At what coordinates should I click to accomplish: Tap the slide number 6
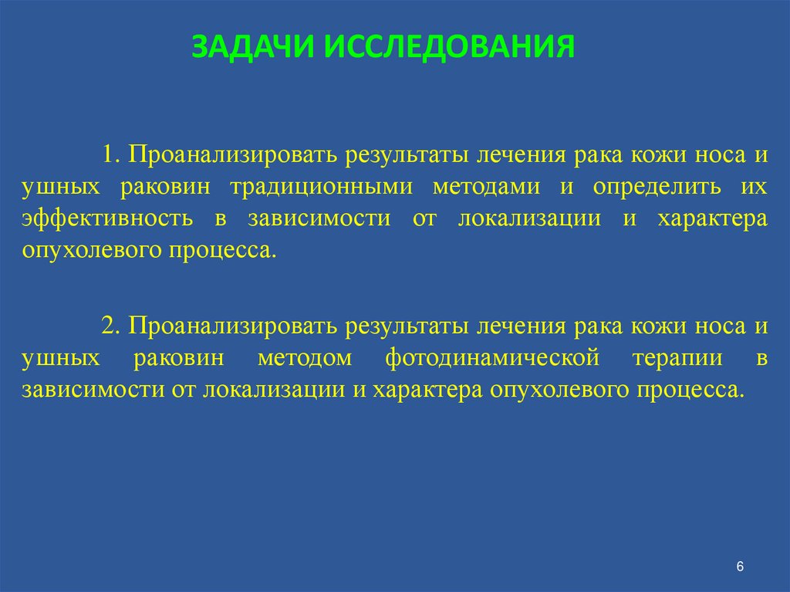pos(740,567)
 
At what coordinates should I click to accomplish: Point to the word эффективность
pos(107,218)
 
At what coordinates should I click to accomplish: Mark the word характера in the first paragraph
pos(711,218)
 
